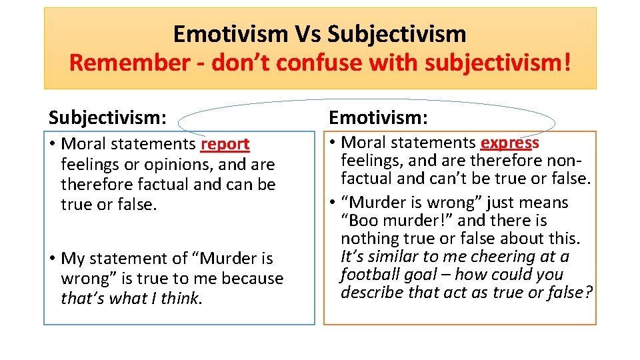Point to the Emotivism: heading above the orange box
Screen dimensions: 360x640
pos(379,118)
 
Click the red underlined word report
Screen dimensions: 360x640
pos(225,144)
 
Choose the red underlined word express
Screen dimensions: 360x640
pos(510,143)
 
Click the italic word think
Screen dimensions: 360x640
pos(179,299)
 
